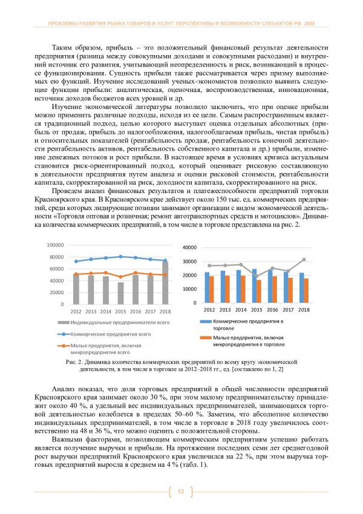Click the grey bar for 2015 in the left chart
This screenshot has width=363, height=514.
point(121,293)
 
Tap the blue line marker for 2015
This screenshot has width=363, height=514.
point(121,257)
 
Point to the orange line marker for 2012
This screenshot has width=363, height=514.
point(76,274)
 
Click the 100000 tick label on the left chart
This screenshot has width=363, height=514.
point(56,245)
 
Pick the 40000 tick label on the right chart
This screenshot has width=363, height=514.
point(190,248)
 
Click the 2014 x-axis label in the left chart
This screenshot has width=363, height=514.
point(106,311)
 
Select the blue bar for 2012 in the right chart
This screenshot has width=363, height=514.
point(207,288)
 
